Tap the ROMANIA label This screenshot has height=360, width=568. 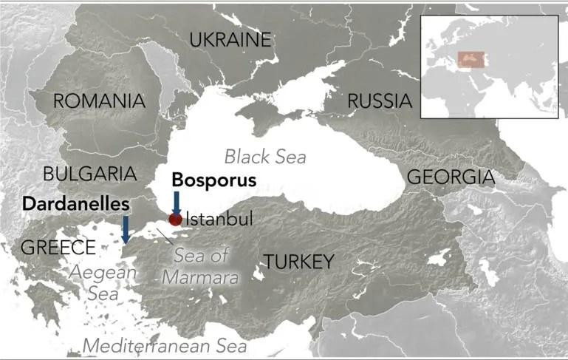pos(98,101)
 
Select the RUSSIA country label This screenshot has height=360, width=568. pos(380,101)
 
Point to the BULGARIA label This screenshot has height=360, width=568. pos(90,174)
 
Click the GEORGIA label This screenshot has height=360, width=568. pos(451,177)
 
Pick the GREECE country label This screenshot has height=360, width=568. pos(58,247)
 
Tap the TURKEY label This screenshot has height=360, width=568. pos(299,261)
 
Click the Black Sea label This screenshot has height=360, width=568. pos(265,156)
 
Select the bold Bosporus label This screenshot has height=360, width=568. pos(214,180)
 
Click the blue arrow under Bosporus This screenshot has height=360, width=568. pos(176,203)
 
